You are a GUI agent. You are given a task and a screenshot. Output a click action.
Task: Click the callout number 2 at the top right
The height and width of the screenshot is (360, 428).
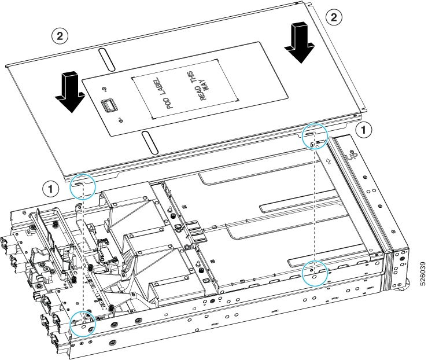click(x=334, y=17)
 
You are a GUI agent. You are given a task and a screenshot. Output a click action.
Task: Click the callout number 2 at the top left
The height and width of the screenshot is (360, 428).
click(x=60, y=36)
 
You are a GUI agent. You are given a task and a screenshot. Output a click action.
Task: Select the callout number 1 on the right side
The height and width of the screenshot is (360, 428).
click(x=363, y=130)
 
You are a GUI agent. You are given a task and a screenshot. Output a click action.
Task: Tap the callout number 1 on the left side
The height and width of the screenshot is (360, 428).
click(x=50, y=189)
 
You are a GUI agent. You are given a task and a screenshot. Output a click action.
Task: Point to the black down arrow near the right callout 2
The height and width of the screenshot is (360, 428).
click(x=299, y=43)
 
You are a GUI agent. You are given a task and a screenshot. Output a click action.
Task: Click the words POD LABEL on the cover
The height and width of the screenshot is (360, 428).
click(x=163, y=93)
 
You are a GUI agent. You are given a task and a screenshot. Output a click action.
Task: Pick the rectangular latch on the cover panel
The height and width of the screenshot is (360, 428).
click(x=107, y=105)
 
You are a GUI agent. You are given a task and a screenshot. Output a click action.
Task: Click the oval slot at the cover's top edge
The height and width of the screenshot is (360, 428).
click(x=107, y=59)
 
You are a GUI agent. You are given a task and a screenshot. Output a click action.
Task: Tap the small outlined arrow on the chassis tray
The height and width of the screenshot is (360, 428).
click(x=329, y=161)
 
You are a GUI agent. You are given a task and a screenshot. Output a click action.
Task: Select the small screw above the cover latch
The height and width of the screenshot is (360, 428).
click(x=104, y=89)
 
